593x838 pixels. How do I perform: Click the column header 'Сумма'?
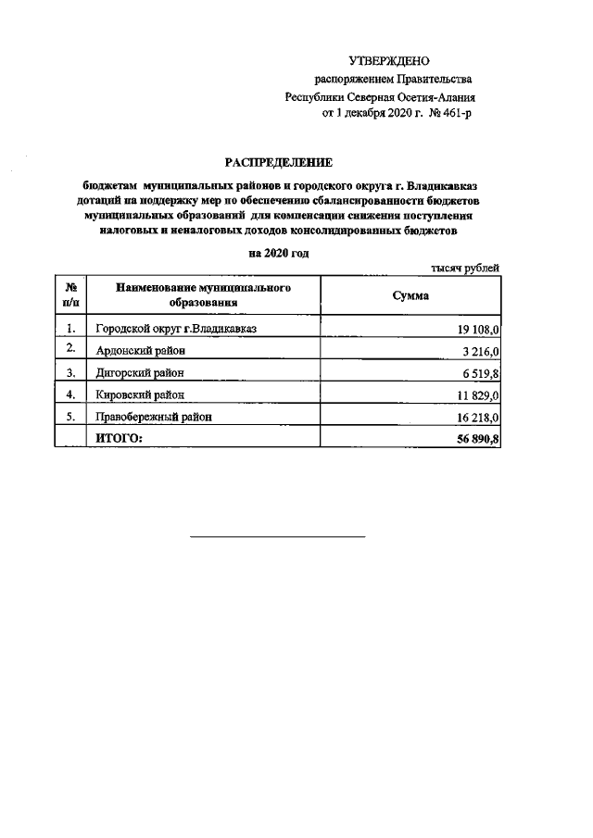coord(410,295)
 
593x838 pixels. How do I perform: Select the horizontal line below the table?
coord(278,536)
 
